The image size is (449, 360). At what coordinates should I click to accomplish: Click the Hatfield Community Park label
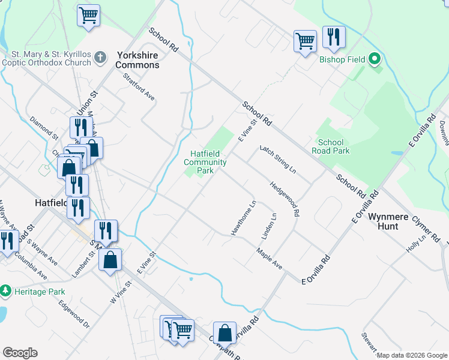tap(205, 162)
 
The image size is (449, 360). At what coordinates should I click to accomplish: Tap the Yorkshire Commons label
tap(137, 59)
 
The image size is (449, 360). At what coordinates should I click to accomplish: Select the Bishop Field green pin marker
tap(375, 59)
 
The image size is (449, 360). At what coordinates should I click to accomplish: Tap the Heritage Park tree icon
tap(6, 291)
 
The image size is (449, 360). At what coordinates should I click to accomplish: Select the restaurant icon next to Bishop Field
tap(334, 38)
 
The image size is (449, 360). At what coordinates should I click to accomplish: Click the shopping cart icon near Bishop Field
tap(305, 41)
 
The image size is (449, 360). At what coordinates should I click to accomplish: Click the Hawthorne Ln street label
tap(244, 217)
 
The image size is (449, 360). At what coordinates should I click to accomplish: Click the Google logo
tap(20, 353)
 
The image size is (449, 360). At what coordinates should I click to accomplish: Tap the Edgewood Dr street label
tap(74, 314)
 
